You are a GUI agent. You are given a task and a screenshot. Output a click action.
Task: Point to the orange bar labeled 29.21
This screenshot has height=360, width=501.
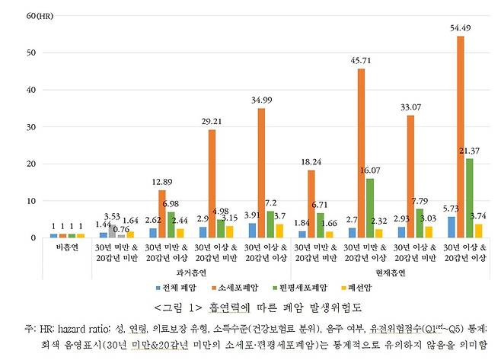click(x=212, y=183)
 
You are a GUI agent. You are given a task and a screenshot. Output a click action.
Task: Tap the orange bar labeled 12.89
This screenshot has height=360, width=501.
click(x=162, y=214)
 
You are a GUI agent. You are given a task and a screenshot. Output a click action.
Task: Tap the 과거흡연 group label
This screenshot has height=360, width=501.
click(x=192, y=272)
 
